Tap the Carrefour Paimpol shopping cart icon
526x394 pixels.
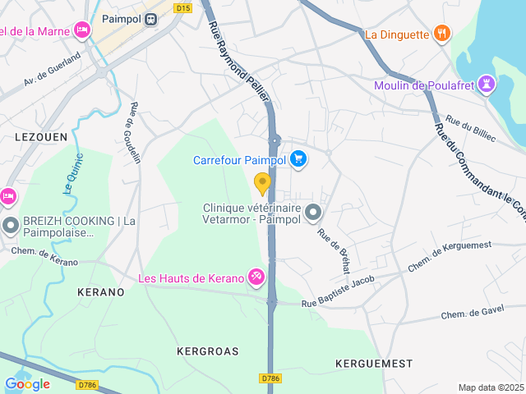click(298, 160)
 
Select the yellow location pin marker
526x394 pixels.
click(262, 183)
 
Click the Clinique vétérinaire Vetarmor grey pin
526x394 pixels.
click(313, 213)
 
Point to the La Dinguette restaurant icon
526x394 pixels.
click(442, 34)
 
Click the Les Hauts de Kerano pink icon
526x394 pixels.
click(256, 278)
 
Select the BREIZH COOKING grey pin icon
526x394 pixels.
click(11, 225)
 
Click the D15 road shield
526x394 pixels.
click(183, 7)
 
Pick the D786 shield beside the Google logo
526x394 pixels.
click(87, 383)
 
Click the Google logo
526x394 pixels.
click(27, 383)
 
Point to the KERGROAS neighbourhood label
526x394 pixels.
click(208, 351)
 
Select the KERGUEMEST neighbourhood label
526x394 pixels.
click(374, 362)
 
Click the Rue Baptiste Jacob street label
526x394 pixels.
click(338, 293)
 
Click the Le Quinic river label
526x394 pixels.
click(73, 172)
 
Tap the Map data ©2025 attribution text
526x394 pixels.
click(490, 387)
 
